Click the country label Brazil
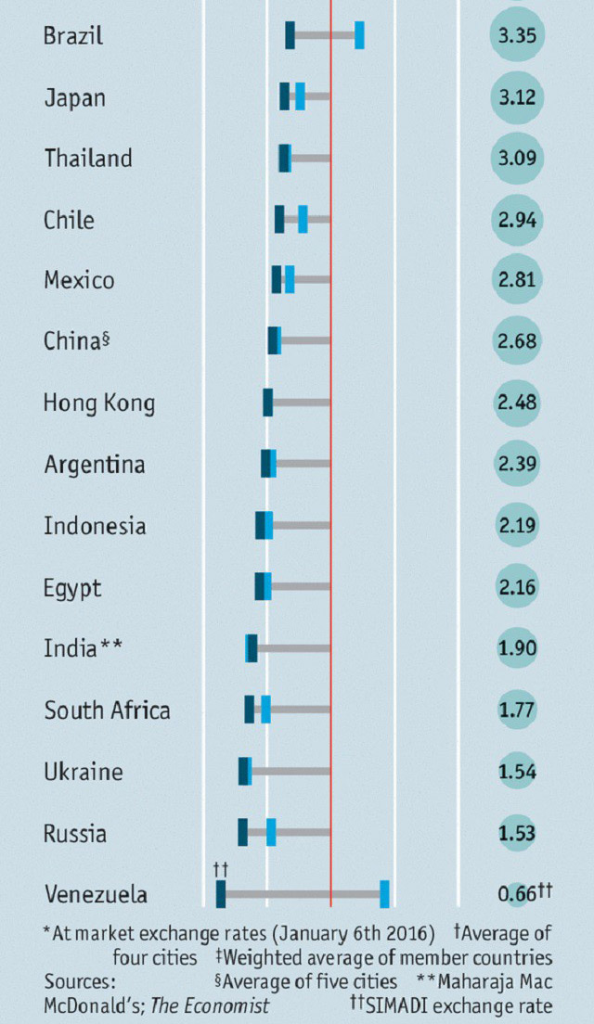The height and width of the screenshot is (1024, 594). [x=72, y=36]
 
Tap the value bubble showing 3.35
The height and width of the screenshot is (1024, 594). [x=517, y=36]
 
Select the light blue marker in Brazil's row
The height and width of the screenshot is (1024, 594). [x=359, y=35]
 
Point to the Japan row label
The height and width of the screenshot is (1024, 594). [x=74, y=97]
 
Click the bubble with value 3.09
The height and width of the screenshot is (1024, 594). [x=517, y=159]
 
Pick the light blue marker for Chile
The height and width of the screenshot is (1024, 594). [x=303, y=219]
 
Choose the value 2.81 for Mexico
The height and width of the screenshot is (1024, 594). [x=517, y=281]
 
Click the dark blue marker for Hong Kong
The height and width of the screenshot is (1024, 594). [x=267, y=402]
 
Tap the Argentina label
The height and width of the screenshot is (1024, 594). [x=94, y=464]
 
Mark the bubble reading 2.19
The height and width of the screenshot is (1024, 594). [x=517, y=526]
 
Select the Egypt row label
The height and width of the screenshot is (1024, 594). [x=72, y=588]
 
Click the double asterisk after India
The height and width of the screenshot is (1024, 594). [x=110, y=646]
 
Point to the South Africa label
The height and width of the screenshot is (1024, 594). [x=107, y=710]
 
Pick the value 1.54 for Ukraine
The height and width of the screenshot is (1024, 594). [x=517, y=772]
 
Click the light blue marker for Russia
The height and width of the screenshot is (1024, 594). [x=271, y=832]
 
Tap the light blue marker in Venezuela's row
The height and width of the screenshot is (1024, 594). [x=384, y=893]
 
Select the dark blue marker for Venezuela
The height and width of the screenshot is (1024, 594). [x=221, y=893]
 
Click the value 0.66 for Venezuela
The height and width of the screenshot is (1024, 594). [x=513, y=894]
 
